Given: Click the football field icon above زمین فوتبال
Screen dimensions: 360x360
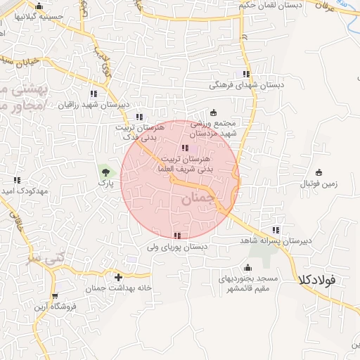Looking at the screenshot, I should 319,172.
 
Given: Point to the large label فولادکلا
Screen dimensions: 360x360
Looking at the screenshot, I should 317,279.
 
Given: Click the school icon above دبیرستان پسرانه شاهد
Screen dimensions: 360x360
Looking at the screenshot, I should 276,230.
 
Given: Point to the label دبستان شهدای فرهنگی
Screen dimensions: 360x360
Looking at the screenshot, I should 246,85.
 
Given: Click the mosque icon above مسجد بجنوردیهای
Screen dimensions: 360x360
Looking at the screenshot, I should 247,268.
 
